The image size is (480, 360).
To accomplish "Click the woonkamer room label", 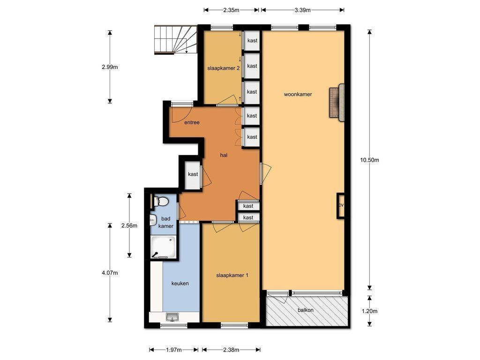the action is pos(298,94).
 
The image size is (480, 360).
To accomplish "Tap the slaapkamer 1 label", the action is pos(232,275).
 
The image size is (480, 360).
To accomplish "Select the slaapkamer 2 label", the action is pos(224,68).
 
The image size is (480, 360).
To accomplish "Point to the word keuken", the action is pos(180,284).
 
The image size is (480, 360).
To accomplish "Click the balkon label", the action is pos(306,310).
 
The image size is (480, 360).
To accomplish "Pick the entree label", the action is pos(192,122).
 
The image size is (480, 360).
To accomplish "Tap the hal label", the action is pos(224,155).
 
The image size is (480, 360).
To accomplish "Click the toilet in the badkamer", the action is pos(161,202).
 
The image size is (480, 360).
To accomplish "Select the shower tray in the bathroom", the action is pos(164,247).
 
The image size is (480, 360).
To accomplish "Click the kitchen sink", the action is pos(173,317).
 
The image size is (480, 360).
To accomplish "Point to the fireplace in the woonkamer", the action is pos(337,103).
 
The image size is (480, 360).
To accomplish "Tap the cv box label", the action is pos(341,205).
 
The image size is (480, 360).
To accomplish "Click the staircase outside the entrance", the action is pos(175,39).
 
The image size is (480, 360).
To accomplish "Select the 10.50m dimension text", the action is pos(369,160).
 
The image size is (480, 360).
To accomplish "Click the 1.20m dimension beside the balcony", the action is pos(369,311).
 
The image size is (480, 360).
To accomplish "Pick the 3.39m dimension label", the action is pos(302,10).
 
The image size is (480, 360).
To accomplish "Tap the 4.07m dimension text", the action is pos(110,273).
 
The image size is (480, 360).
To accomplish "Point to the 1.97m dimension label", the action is pos(173,350).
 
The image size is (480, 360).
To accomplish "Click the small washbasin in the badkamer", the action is pos(153,220).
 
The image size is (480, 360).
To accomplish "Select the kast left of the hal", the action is pos(193,174).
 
